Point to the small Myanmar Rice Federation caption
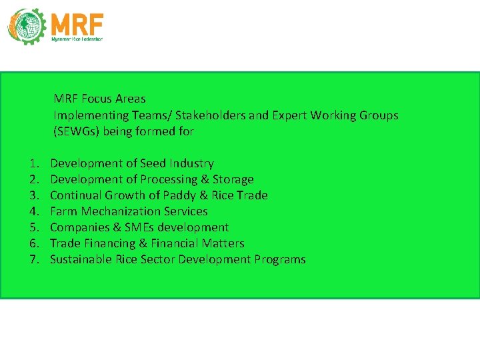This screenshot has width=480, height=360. click(x=77, y=40)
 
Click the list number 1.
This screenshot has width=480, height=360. click(x=33, y=163)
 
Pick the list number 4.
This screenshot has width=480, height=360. click(x=33, y=211)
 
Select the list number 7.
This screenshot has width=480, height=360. click(x=33, y=259)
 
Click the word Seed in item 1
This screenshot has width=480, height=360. click(x=153, y=163)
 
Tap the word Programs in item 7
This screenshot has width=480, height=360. click(x=280, y=259)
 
